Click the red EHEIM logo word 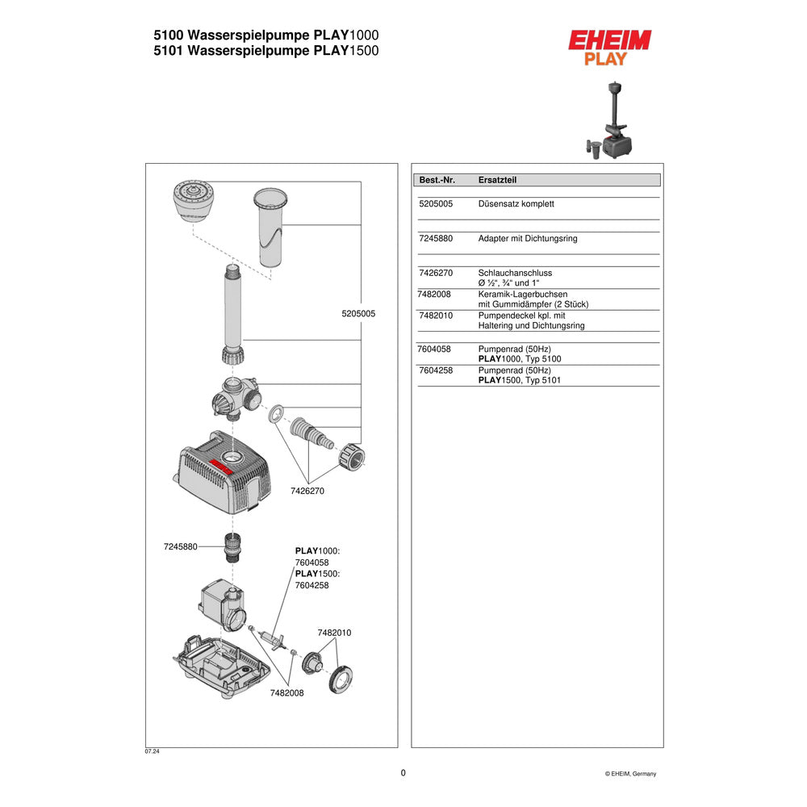click(x=609, y=40)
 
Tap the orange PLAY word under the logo click(x=606, y=59)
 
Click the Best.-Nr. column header click(x=437, y=180)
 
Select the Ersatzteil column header click(x=497, y=180)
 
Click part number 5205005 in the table click(x=436, y=204)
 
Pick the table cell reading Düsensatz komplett click(x=516, y=204)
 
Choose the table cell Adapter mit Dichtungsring click(x=528, y=238)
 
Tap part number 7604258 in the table click(x=436, y=370)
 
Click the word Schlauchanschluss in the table click(x=515, y=273)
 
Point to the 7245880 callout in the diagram click(x=180, y=546)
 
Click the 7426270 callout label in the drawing click(x=307, y=491)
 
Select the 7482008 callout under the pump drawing click(x=286, y=692)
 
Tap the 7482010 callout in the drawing click(x=335, y=633)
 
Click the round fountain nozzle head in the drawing click(x=193, y=201)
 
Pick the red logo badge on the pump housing click(x=221, y=466)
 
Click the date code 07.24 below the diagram click(x=152, y=751)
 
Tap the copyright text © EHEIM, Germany click(x=630, y=774)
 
